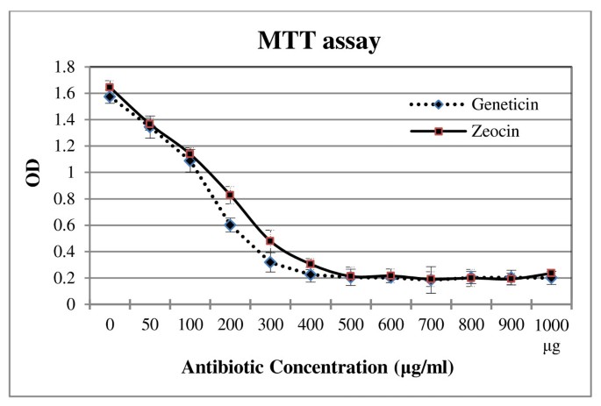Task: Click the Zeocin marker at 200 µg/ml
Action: click(x=230, y=195)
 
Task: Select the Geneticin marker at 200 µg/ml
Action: click(x=230, y=225)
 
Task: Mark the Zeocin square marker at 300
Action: click(x=270, y=241)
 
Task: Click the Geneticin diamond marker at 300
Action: click(x=270, y=262)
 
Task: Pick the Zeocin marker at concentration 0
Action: click(x=110, y=88)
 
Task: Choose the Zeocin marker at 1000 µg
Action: click(x=551, y=274)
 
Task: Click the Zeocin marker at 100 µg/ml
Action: click(x=190, y=154)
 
